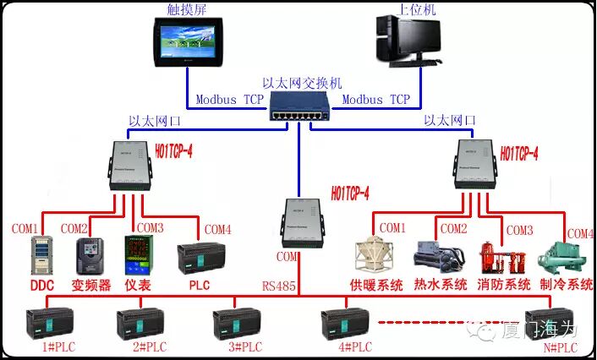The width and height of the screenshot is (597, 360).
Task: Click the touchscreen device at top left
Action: [x=187, y=43]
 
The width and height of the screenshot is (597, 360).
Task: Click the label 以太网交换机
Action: [x=301, y=84]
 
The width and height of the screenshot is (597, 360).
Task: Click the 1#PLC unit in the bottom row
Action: [x=50, y=323]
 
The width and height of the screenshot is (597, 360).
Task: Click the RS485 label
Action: [x=278, y=286]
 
